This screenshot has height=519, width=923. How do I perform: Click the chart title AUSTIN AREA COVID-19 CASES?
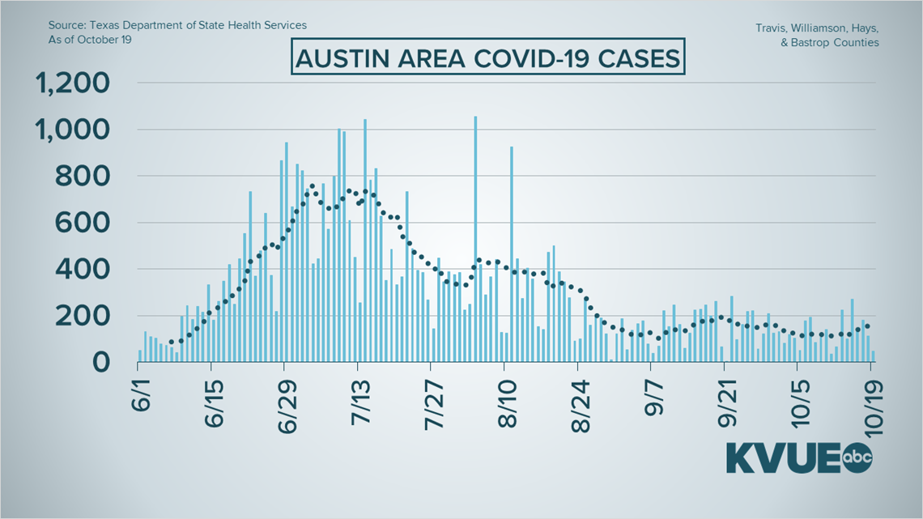[x=488, y=60]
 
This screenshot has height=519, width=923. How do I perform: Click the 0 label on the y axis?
[x=100, y=362]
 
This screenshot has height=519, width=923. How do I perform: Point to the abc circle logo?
[x=858, y=457]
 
